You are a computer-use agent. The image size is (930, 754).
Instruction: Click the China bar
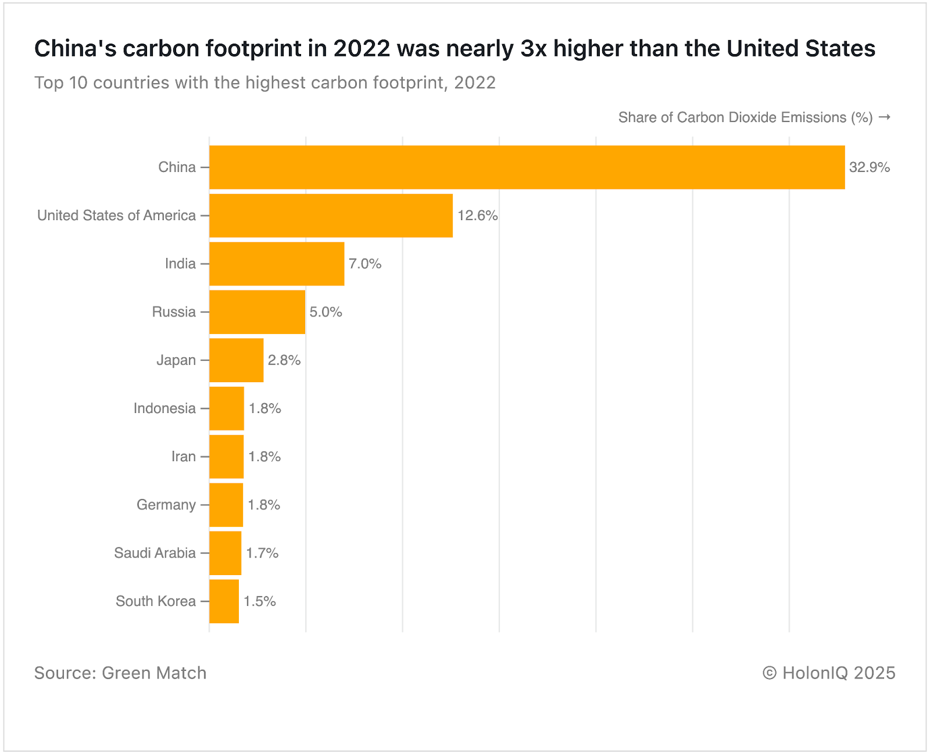[527, 167]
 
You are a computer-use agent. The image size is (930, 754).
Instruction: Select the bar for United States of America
[331, 216]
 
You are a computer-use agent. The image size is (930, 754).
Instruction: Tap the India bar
[277, 264]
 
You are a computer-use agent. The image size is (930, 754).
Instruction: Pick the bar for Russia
[257, 312]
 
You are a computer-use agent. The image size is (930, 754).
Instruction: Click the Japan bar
[236, 360]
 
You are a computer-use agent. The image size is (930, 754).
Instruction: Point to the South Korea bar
[224, 601]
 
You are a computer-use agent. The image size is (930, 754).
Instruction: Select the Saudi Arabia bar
[225, 553]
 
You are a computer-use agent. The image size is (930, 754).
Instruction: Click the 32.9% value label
[869, 167]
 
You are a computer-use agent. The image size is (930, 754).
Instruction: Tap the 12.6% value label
[477, 216]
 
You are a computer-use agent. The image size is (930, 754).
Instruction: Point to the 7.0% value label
[365, 264]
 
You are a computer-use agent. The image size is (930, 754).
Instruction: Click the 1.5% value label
[259, 601]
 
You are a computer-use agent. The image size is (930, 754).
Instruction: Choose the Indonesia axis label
[164, 408]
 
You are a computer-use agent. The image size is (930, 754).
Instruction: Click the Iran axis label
[183, 457]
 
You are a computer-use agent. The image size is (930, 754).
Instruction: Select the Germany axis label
[166, 505]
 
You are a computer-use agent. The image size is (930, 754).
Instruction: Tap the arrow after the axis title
[884, 117]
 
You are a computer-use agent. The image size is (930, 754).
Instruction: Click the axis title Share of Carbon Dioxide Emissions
[745, 117]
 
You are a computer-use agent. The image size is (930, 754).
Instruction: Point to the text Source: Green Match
[120, 673]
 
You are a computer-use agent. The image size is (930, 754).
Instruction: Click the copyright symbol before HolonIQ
[770, 673]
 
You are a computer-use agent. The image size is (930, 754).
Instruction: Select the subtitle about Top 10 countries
[264, 82]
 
